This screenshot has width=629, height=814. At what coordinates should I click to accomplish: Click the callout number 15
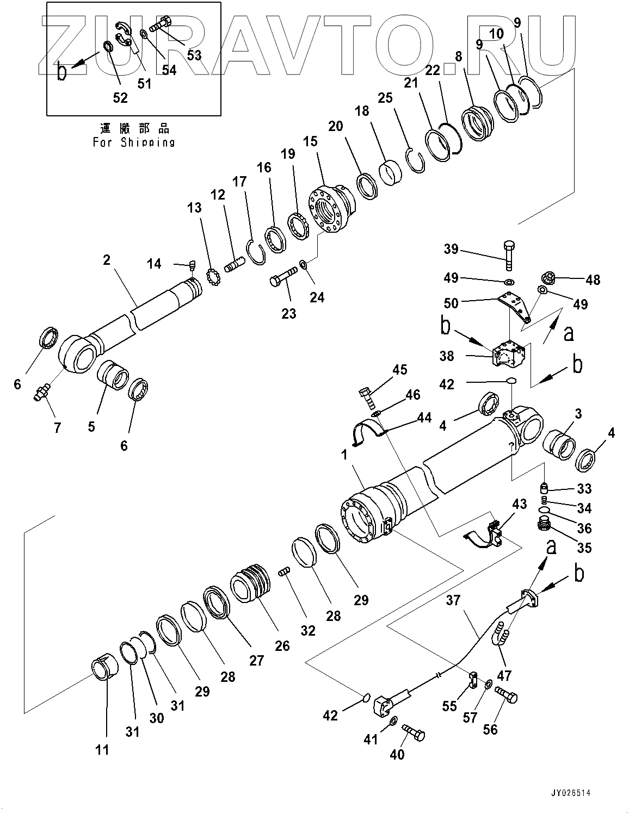(x=310, y=141)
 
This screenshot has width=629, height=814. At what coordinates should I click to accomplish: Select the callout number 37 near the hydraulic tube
(x=453, y=600)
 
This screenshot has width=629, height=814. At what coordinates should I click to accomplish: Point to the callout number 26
(x=282, y=645)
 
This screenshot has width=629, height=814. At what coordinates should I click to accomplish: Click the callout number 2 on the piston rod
(x=107, y=260)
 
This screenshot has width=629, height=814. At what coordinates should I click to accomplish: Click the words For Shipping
(x=134, y=142)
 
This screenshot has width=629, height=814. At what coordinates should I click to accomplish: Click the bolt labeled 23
(x=282, y=277)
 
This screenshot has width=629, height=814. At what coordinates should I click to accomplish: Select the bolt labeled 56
(x=506, y=695)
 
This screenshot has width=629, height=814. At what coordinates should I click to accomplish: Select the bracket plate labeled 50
(x=514, y=305)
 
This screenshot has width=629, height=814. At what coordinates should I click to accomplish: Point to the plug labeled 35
(x=543, y=525)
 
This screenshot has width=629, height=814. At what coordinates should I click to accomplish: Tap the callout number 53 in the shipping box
(x=194, y=55)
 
